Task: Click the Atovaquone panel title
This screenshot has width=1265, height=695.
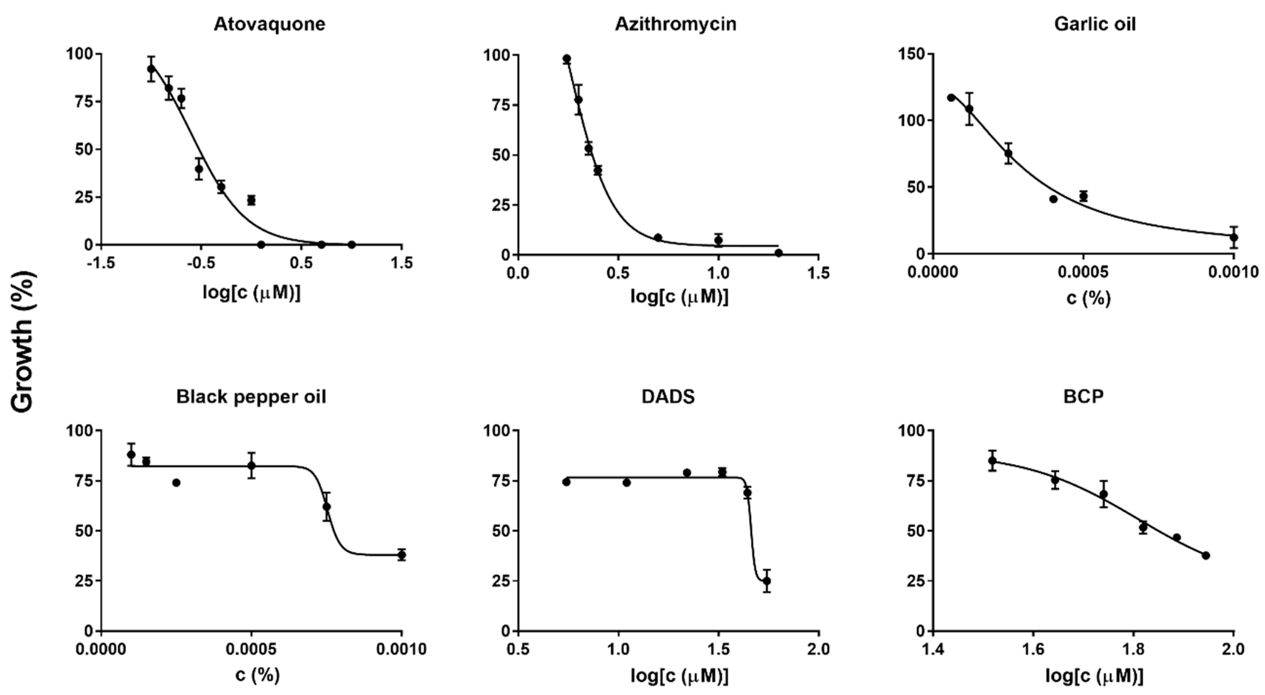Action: (x=269, y=24)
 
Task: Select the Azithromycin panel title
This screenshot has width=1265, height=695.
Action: (x=675, y=24)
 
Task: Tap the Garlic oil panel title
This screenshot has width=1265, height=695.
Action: (x=1095, y=24)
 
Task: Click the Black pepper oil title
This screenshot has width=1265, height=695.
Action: (x=251, y=396)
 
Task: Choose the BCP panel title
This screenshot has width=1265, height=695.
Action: (x=1083, y=396)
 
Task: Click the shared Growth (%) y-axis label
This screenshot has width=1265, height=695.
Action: (x=22, y=342)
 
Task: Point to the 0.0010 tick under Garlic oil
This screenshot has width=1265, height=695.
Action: (x=1233, y=272)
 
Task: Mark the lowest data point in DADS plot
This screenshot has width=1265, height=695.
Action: (x=767, y=581)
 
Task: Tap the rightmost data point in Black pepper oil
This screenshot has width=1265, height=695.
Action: (x=402, y=555)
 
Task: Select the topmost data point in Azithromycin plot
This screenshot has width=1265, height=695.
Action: (x=567, y=59)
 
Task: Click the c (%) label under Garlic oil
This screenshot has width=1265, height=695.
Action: (x=1088, y=298)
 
